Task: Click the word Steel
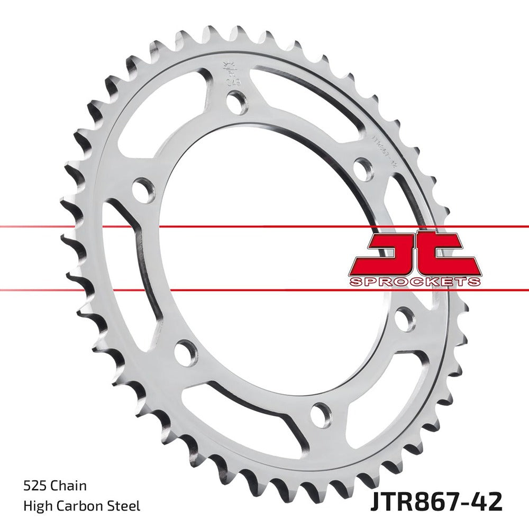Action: (x=126, y=506)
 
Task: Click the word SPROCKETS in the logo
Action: (x=415, y=281)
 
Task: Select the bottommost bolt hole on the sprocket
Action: (x=321, y=415)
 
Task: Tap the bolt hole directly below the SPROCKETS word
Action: (x=405, y=318)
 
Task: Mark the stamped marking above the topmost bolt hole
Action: (x=230, y=72)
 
